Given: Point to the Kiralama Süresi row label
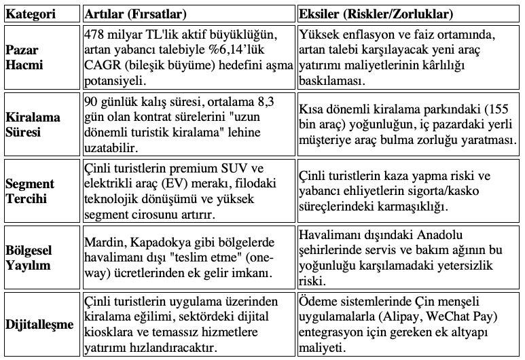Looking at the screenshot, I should (x=33, y=124).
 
